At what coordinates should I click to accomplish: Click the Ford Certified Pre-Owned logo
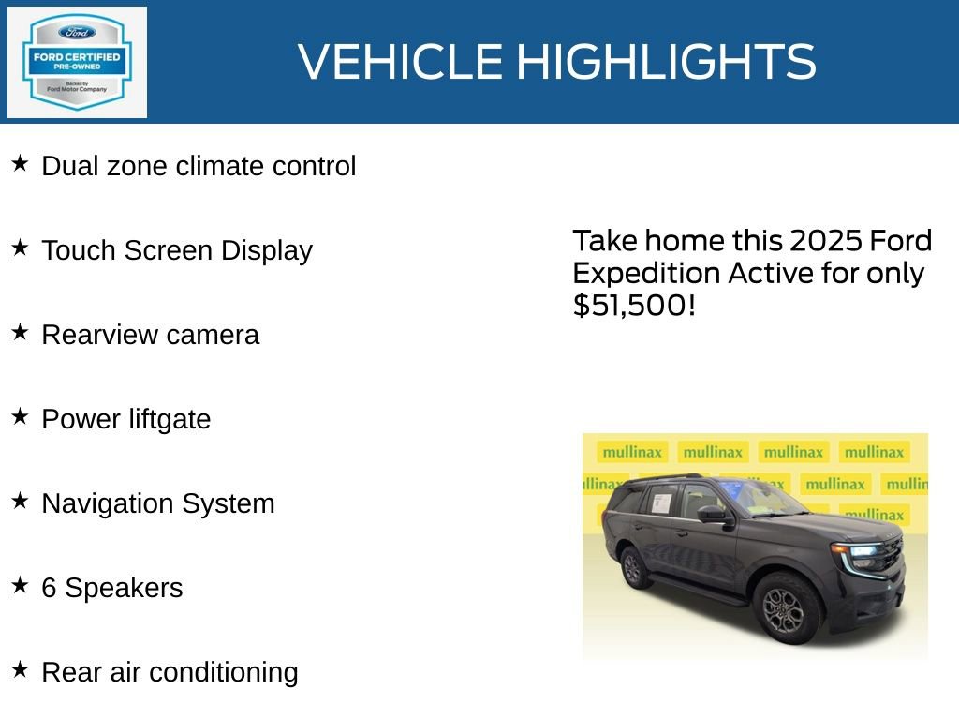77,63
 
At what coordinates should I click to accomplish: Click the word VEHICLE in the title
401,62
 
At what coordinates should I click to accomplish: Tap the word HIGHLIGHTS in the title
666,62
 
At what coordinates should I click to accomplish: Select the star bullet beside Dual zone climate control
21,164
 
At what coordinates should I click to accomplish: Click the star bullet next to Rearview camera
21,333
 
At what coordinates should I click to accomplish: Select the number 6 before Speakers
49,588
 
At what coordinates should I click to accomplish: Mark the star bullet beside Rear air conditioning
21,670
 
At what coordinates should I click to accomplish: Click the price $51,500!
634,306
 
